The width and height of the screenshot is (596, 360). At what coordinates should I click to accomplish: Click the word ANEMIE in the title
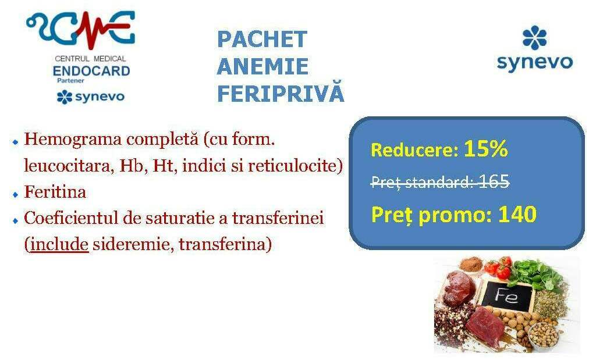262,66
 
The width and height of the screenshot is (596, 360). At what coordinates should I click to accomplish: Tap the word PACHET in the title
262,39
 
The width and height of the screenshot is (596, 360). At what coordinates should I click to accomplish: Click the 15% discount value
486,148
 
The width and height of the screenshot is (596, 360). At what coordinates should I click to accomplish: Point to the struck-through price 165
494,181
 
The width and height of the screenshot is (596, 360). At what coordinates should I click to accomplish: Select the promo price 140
517,214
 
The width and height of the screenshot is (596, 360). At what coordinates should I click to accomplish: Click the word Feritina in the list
55,192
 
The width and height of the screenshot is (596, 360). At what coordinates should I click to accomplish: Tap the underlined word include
59,244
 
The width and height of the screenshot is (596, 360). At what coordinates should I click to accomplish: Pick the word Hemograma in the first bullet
73,140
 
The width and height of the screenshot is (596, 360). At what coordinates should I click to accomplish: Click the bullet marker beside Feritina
15,194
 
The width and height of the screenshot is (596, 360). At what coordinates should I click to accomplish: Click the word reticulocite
292,166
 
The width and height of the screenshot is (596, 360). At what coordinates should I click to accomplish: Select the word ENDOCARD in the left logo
91,71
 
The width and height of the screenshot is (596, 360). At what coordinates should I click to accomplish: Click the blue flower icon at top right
534,38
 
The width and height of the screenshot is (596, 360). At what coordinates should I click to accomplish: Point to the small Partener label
70,80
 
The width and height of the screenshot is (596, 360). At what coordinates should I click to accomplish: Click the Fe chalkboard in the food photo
507,295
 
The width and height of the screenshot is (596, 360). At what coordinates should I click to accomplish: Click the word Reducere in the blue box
414,149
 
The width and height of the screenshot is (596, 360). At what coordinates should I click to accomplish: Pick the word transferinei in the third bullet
278,218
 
